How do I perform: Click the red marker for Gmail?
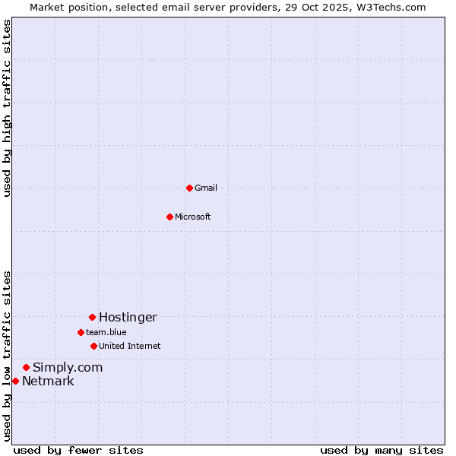click(189, 188)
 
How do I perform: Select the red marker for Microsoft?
click(169, 217)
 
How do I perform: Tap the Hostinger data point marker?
click(92, 317)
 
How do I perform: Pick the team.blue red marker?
click(81, 332)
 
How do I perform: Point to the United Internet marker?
click(93, 346)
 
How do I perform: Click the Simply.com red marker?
click(26, 367)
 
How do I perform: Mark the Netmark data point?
click(15, 381)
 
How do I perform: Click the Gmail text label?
click(206, 188)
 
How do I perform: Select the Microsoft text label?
click(193, 217)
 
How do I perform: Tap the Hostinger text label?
click(128, 318)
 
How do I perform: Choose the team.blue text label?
click(106, 333)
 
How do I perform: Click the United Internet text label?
click(130, 347)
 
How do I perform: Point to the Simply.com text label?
click(68, 368)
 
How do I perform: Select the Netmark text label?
click(48, 382)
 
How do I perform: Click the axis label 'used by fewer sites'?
click(78, 450)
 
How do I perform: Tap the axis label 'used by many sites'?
click(382, 450)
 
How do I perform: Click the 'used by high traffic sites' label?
click(7, 108)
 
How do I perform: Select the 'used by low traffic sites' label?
click(7, 356)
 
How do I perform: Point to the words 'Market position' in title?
click(65, 7)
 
